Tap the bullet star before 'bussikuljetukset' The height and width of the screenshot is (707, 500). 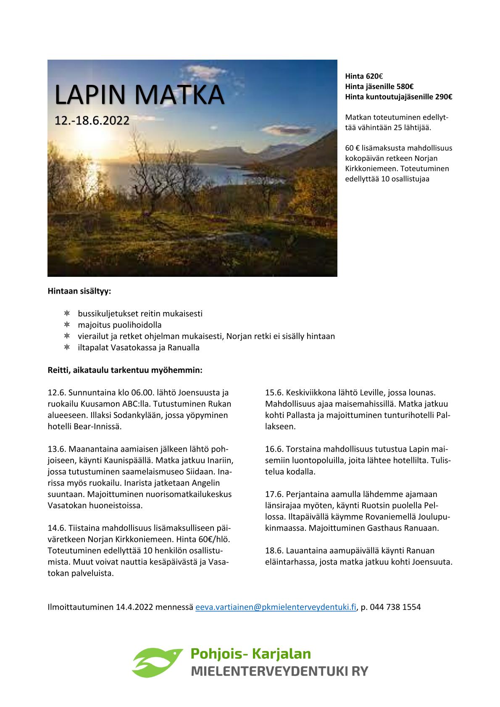pyautogui.click(x=67, y=314)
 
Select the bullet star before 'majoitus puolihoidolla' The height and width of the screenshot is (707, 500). pyautogui.click(x=67, y=325)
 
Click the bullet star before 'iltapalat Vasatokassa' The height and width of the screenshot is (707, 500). pyautogui.click(x=67, y=348)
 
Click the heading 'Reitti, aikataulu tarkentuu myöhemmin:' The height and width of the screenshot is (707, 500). pyautogui.click(x=125, y=371)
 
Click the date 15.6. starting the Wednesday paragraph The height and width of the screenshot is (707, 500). pyautogui.click(x=274, y=393)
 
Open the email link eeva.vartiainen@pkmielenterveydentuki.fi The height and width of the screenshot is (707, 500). pyautogui.click(x=276, y=607)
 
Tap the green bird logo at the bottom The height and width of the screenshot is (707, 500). pyautogui.click(x=157, y=661)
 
